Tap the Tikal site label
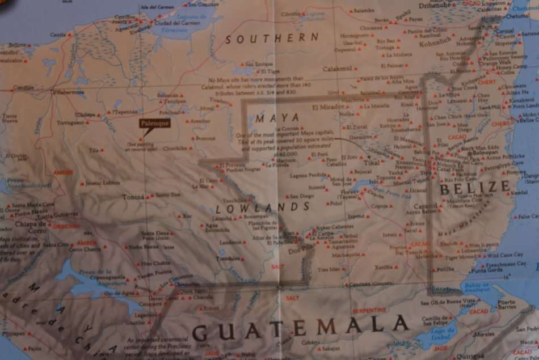(372, 162)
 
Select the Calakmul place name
(338, 69)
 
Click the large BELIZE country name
(475, 187)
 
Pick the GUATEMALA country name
(301, 327)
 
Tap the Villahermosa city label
(68, 91)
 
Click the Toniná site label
(134, 197)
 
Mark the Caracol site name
(426, 206)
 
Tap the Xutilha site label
(383, 266)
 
